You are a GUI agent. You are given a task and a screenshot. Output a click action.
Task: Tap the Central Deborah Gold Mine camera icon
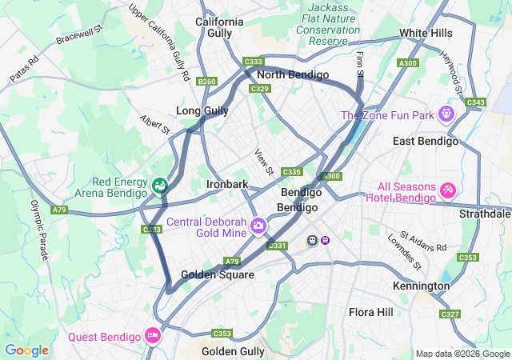pyautogui.click(x=258, y=226)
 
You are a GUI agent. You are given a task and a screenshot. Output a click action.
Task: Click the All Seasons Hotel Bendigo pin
pyautogui.click(x=448, y=190)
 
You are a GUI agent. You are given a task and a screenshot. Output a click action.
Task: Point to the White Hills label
pyautogui.click(x=426, y=34)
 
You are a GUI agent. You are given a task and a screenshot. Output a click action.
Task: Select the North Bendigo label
pyautogui.click(x=293, y=75)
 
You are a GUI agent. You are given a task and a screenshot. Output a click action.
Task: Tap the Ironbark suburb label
pyautogui.click(x=227, y=184)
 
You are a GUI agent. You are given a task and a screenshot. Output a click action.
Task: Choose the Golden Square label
pyautogui.click(x=217, y=274)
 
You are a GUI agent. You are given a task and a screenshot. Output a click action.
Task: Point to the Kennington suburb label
pyautogui.click(x=421, y=286)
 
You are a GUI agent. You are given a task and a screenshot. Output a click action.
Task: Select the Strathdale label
pyautogui.click(x=485, y=214)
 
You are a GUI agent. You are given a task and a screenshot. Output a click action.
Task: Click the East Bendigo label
pyautogui.click(x=426, y=142)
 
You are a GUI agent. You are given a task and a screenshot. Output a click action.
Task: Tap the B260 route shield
pyautogui.click(x=206, y=82)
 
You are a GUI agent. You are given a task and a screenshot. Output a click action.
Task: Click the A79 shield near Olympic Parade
pyautogui.click(x=59, y=210)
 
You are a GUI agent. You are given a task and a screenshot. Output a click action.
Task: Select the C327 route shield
pyautogui.click(x=450, y=314)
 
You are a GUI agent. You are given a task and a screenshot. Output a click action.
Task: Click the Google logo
pyautogui.click(x=26, y=350)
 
